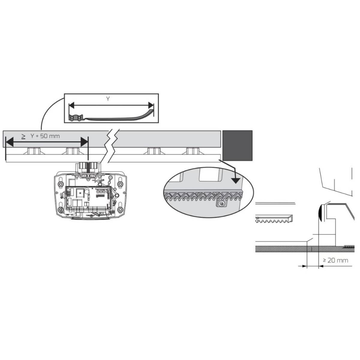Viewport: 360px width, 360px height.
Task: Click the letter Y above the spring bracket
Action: pyautogui.click(x=108, y=99)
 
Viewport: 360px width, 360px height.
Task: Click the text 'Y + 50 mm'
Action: pyautogui.click(x=45, y=136)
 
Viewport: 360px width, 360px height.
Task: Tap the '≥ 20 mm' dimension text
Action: pyautogui.click(x=335, y=260)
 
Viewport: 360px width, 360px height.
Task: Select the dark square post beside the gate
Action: pyautogui.click(x=237, y=145)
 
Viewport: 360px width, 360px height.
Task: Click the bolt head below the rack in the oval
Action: pyautogui.click(x=221, y=204)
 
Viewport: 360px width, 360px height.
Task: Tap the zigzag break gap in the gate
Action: pyautogui.click(x=112, y=146)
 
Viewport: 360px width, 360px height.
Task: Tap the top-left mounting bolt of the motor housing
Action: pyautogui.click(x=61, y=184)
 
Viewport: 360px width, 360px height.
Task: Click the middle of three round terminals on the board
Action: pyautogui.click(x=101, y=191)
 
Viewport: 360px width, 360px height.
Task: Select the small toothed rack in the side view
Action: pyautogui.click(x=274, y=219)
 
